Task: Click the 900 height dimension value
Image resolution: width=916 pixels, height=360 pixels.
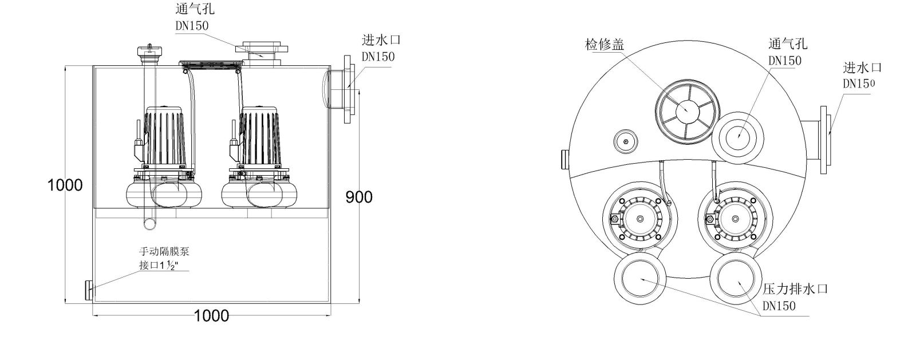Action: click(359, 197)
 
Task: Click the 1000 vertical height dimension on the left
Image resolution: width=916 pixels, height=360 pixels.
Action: click(65, 185)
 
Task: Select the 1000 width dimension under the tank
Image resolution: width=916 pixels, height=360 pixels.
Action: click(211, 315)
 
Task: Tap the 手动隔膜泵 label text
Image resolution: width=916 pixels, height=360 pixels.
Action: click(164, 251)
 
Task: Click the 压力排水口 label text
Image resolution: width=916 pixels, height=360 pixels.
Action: click(795, 289)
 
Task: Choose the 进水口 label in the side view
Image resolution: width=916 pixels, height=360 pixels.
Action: click(381, 41)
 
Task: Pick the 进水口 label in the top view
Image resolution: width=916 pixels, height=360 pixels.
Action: click(862, 68)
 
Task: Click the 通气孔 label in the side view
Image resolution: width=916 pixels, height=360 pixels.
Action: click(195, 9)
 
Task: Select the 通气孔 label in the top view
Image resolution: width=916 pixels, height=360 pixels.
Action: click(788, 44)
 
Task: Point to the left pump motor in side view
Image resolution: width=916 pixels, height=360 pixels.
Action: click(164, 137)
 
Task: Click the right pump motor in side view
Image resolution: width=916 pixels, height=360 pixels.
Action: click(261, 137)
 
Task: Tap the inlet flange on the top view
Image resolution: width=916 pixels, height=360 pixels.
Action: click(824, 139)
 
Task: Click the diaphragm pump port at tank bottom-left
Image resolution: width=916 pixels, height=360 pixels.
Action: click(89, 290)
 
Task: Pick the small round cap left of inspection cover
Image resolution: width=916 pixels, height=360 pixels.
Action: click(626, 141)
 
